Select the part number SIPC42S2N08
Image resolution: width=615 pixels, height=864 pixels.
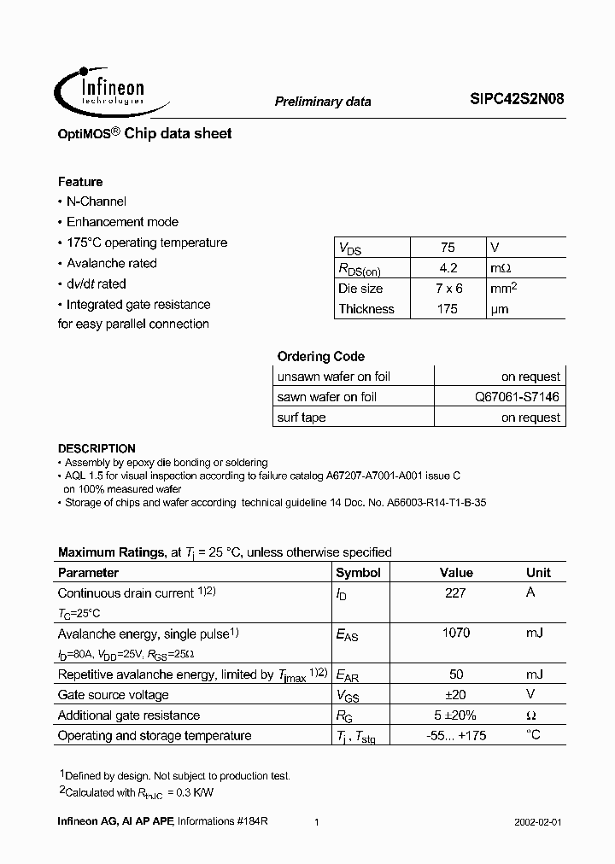point(516,99)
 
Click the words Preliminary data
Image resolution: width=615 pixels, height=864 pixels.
point(323,101)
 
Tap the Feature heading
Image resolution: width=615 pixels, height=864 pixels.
point(80,182)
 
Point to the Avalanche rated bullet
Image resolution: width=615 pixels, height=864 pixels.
point(111,263)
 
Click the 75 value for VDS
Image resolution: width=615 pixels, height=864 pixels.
point(448,248)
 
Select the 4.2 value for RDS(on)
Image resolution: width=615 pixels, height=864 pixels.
point(448,268)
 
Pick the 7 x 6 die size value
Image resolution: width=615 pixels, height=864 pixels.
point(448,289)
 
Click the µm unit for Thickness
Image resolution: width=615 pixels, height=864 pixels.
point(500,309)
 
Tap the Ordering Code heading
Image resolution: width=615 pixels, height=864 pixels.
point(320,357)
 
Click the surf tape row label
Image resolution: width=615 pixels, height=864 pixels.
point(302,417)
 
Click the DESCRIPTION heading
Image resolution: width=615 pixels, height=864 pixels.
point(97,448)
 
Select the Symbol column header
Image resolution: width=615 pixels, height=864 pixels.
point(358,573)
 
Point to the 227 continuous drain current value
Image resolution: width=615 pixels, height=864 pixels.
point(455,593)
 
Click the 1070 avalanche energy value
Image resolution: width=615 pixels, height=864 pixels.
point(455,633)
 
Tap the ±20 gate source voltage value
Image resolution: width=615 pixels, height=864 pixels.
point(455,695)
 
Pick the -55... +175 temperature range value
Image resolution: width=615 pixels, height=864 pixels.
point(455,736)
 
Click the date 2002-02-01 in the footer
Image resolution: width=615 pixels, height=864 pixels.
point(538,821)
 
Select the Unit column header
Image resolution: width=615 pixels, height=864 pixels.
point(538,573)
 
